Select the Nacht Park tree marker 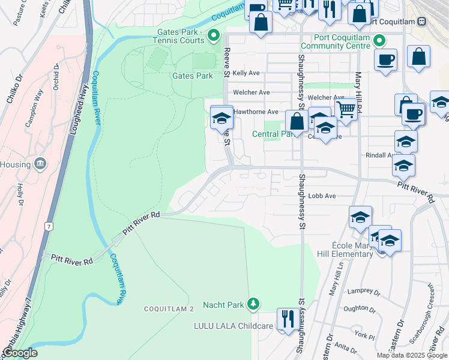point(254,304)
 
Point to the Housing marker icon point(40,163)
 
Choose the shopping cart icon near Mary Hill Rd point(346,109)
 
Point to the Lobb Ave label point(322,196)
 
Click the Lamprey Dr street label point(360,290)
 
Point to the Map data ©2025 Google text point(412,355)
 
